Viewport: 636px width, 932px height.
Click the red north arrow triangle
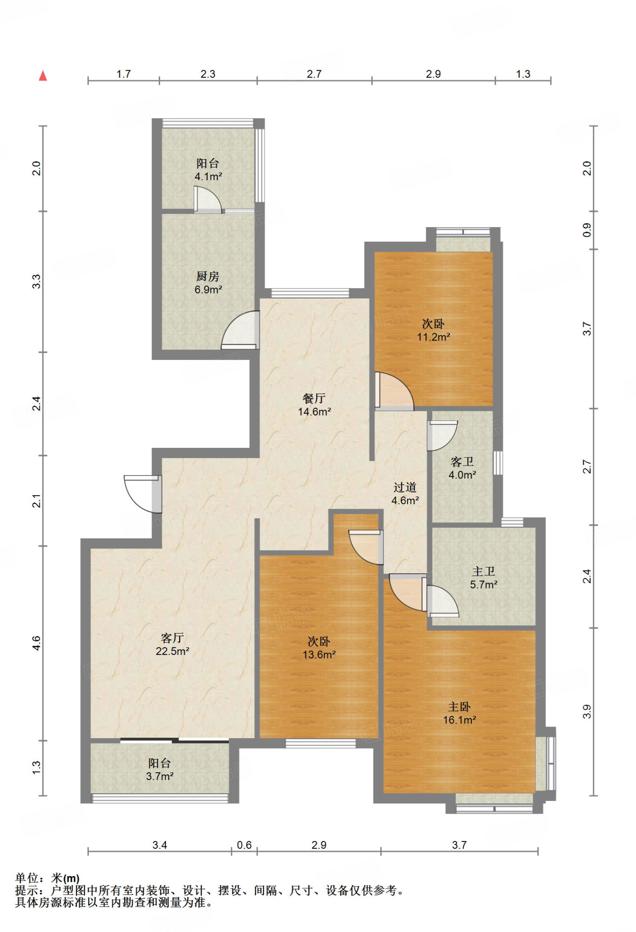click(x=43, y=76)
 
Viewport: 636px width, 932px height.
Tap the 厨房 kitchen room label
click(x=208, y=276)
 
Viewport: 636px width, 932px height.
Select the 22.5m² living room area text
click(x=172, y=651)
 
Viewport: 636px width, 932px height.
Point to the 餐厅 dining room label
click(x=314, y=398)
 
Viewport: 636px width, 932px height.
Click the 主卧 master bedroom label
click(x=459, y=707)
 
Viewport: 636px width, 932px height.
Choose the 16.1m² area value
click(x=459, y=720)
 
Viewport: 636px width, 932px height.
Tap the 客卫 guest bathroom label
click(x=462, y=462)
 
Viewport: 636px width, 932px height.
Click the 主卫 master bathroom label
click(x=484, y=571)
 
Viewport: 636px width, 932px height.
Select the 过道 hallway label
click(x=405, y=487)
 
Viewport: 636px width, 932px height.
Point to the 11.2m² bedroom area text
click(x=434, y=337)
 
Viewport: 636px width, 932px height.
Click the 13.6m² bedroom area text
click(x=319, y=655)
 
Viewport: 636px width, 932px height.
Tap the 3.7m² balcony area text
click(x=160, y=776)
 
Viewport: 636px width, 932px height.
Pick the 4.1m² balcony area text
click(x=208, y=177)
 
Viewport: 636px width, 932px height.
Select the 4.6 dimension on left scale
click(x=36, y=643)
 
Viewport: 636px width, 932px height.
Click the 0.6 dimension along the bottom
click(x=244, y=845)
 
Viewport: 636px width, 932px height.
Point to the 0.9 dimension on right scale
click(x=587, y=230)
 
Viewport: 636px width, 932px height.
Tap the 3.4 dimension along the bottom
click(x=160, y=845)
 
